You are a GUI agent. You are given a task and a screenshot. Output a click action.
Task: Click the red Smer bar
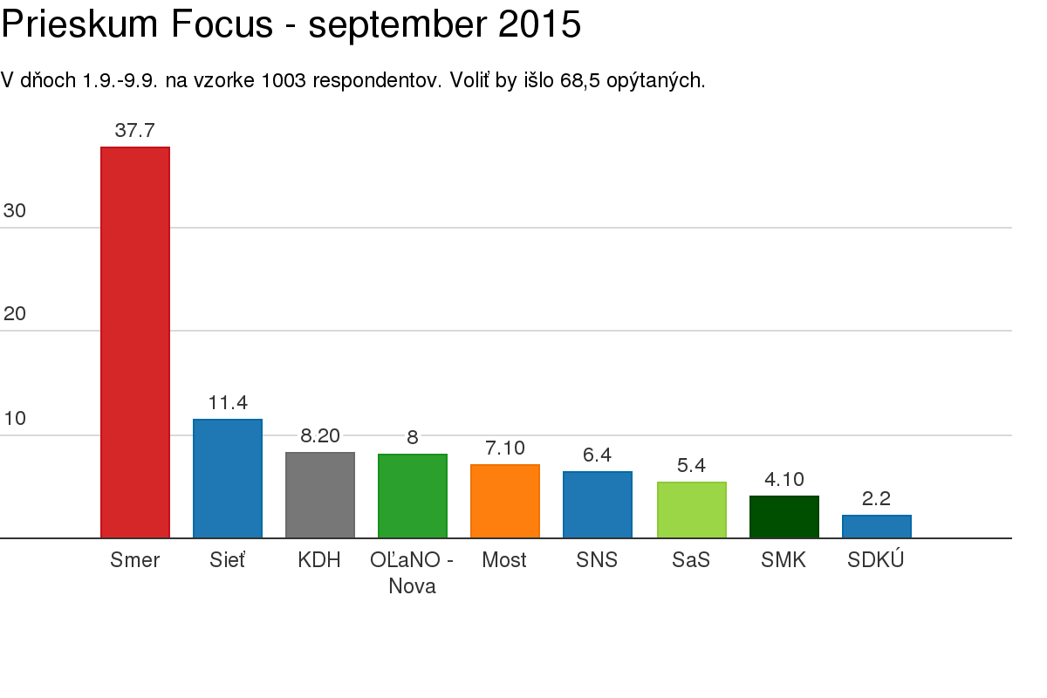point(135,342)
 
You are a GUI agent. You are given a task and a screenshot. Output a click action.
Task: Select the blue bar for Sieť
point(228,478)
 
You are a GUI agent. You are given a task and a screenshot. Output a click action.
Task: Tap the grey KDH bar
point(320,495)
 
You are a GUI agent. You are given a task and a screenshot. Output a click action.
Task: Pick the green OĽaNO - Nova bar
point(413,496)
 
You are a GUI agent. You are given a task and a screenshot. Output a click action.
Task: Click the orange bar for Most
point(505,501)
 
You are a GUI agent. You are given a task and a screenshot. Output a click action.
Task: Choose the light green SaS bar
point(692,510)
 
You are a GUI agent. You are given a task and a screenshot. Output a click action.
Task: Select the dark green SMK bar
point(784,517)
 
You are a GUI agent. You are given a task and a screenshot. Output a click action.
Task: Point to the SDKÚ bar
point(877,526)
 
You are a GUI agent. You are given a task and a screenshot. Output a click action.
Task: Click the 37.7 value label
point(135,131)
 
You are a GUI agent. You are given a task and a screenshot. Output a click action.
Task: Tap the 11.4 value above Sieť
point(228,403)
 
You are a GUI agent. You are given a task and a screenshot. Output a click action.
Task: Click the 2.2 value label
point(877,499)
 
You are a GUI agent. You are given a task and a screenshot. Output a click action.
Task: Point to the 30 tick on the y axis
point(15,211)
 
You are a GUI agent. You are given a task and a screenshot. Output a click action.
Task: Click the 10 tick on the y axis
point(15,419)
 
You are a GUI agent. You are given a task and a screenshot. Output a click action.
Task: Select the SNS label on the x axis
point(597,560)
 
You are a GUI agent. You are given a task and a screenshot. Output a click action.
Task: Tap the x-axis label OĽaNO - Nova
point(412,573)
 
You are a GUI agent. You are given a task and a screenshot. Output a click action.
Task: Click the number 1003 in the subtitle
point(284,81)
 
